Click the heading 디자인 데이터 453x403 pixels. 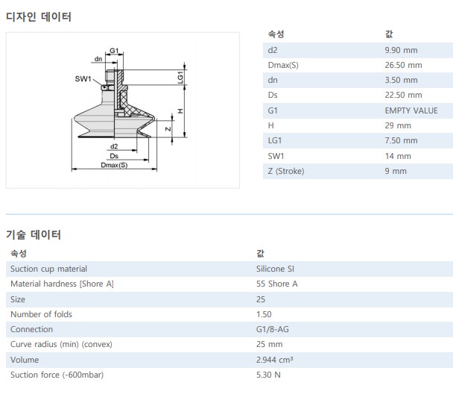(x=39, y=16)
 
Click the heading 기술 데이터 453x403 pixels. (x=34, y=234)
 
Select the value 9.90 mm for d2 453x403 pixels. (x=402, y=50)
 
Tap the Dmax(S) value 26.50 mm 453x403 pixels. (x=403, y=65)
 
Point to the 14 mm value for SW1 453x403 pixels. (x=398, y=156)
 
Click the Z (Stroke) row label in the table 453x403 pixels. (x=285, y=171)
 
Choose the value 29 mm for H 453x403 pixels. (x=398, y=125)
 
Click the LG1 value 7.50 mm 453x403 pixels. (x=402, y=140)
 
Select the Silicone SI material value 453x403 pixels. (x=276, y=269)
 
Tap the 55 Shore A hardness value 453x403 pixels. (x=276, y=284)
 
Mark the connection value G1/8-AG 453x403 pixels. (x=273, y=329)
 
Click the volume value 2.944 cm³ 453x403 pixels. (x=274, y=359)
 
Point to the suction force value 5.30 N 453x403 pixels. (x=267, y=375)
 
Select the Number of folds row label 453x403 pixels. (x=41, y=314)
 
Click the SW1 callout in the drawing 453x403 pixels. (x=83, y=79)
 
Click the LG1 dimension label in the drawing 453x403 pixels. (x=180, y=76)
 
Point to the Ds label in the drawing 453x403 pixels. (x=114, y=156)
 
